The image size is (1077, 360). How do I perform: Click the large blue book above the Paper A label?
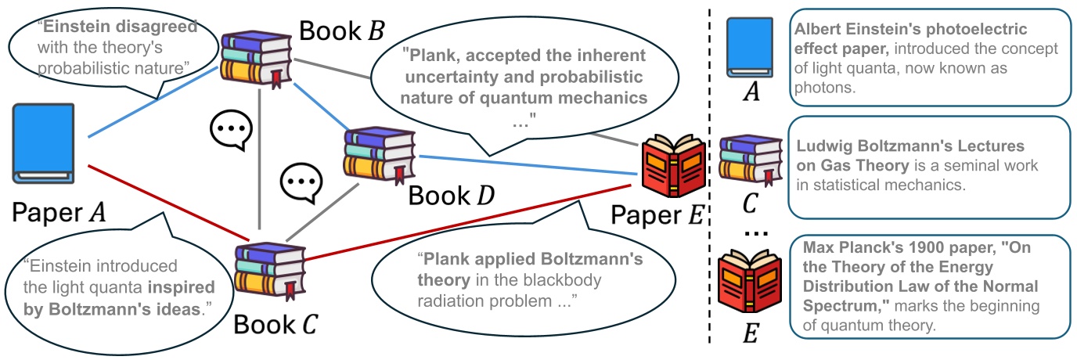(x=44, y=145)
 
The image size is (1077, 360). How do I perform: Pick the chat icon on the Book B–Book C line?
(x=231, y=130)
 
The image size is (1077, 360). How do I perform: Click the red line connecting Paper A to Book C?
(x=164, y=200)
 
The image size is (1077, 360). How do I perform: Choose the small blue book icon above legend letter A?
(x=751, y=49)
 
